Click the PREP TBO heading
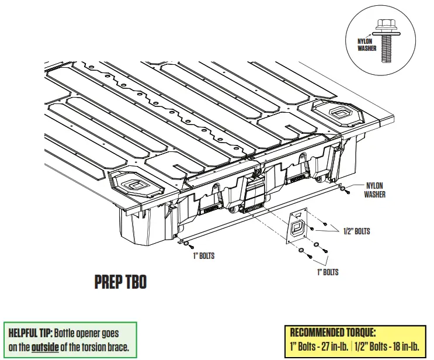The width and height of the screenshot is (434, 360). coord(120,283)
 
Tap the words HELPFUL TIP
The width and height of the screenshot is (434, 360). coord(30,333)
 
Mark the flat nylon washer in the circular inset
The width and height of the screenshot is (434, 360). coord(384,33)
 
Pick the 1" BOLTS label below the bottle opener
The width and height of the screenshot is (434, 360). coord(327,272)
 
